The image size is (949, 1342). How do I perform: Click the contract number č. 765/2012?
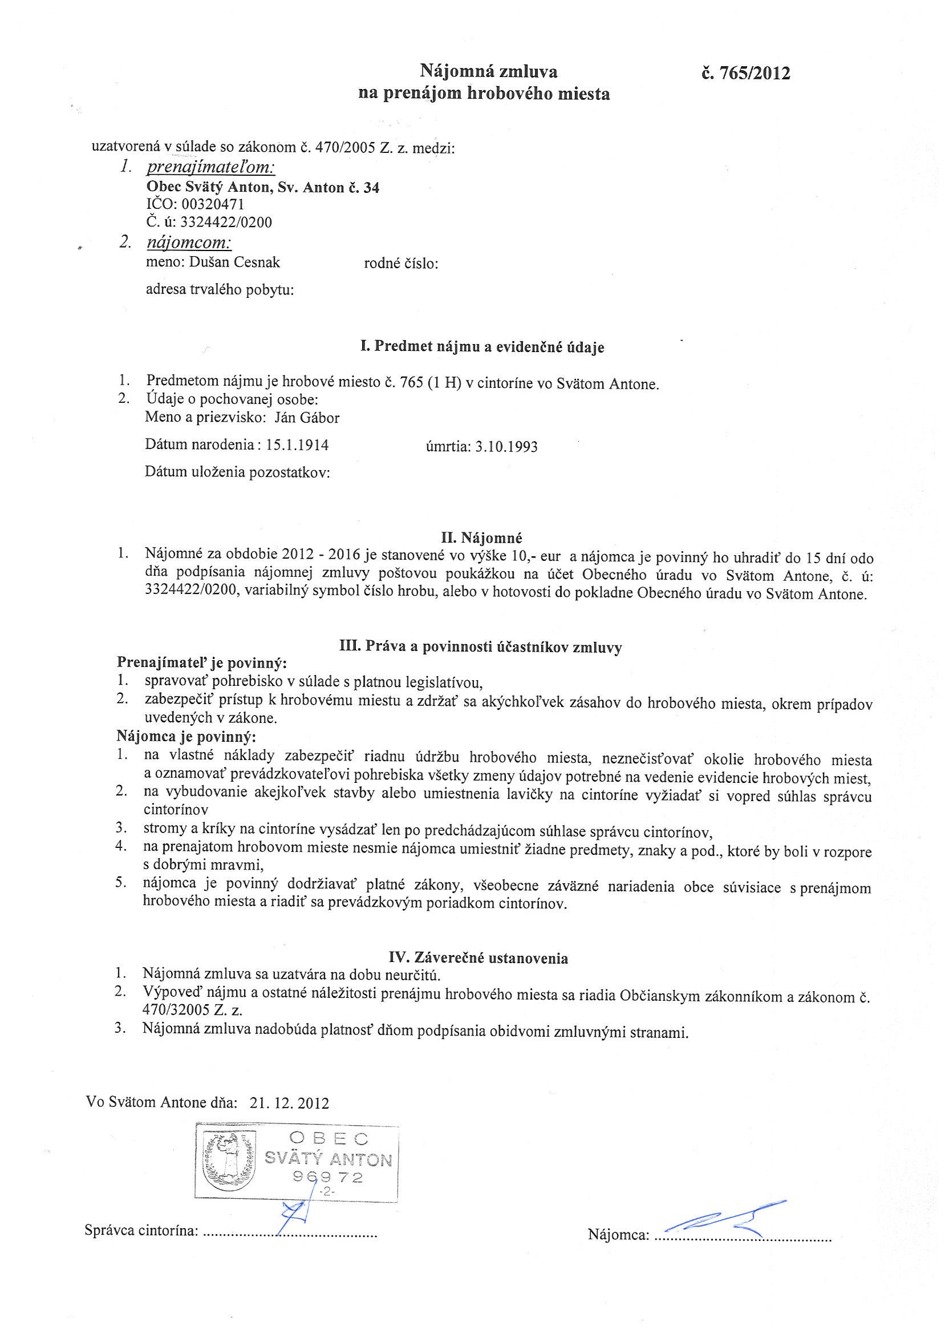(745, 74)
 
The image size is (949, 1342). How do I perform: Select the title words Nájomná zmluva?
(489, 72)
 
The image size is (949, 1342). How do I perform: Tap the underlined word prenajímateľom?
(211, 168)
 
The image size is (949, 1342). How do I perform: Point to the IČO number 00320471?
(213, 205)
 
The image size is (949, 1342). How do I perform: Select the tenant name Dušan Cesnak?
(234, 262)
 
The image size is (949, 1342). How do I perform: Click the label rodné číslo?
(401, 264)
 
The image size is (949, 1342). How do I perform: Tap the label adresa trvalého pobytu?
(220, 289)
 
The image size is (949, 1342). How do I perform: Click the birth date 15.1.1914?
(298, 446)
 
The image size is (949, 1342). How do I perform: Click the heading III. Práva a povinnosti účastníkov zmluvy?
(480, 647)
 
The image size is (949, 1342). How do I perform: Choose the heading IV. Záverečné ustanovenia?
(478, 958)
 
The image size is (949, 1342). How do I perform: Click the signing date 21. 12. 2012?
(289, 1103)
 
